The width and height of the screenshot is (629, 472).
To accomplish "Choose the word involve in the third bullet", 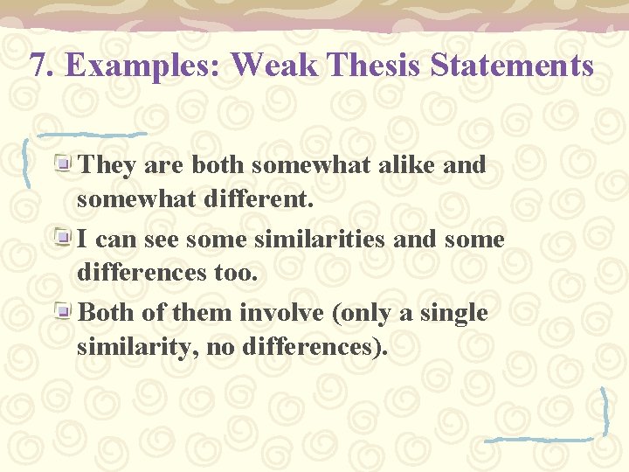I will click(285, 313).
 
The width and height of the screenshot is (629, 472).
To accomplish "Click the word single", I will click(452, 313).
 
